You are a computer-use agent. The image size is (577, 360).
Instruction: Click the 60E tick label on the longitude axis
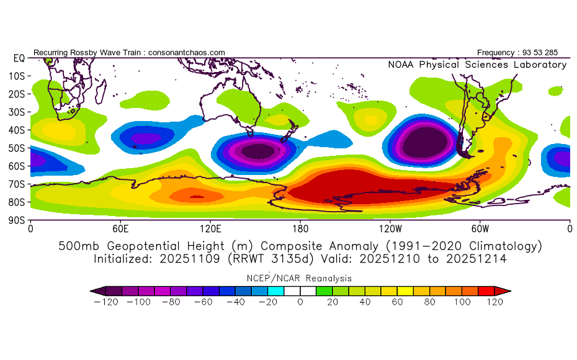(x=120, y=229)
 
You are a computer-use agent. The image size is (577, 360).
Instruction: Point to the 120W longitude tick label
(x=390, y=229)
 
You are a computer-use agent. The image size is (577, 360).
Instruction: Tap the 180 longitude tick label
(x=300, y=229)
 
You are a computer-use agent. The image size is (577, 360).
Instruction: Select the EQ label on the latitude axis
(x=19, y=58)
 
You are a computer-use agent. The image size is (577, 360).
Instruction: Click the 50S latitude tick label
(x=17, y=148)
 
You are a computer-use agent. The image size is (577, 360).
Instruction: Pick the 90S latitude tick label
(x=17, y=220)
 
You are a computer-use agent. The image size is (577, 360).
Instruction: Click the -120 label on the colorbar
(x=106, y=302)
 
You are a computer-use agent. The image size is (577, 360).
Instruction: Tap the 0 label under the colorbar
(x=300, y=302)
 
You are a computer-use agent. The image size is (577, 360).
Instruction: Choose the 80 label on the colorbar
(x=429, y=302)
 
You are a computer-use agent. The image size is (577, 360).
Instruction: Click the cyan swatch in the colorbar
(x=275, y=291)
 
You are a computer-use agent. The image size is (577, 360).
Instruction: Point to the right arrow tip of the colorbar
(x=511, y=291)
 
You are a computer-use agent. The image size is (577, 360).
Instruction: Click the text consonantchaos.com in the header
(x=187, y=53)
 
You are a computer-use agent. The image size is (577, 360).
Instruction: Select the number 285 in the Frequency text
(x=551, y=53)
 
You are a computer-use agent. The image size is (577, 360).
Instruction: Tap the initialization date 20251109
(x=189, y=259)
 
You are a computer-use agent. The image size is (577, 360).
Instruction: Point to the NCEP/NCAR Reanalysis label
(x=299, y=278)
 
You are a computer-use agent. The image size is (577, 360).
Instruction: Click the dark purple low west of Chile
(x=425, y=143)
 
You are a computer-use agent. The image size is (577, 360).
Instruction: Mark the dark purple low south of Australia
(x=259, y=151)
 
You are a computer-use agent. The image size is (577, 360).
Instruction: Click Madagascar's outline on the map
(x=101, y=91)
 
